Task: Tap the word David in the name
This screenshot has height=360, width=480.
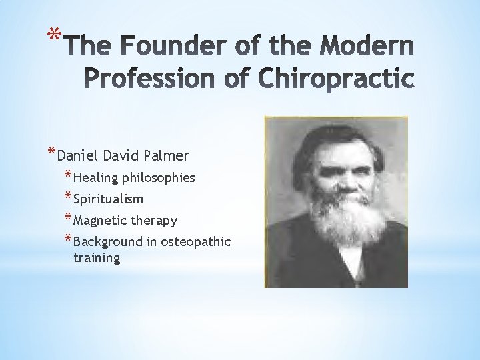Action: click(120, 156)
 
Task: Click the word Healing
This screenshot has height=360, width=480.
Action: click(96, 178)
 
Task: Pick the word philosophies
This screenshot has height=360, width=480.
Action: click(159, 178)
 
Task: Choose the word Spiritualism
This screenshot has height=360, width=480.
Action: click(109, 199)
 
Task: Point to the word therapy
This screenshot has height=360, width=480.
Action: click(153, 220)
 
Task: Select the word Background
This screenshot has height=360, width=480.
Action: click(108, 241)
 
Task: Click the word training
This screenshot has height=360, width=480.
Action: click(97, 257)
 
